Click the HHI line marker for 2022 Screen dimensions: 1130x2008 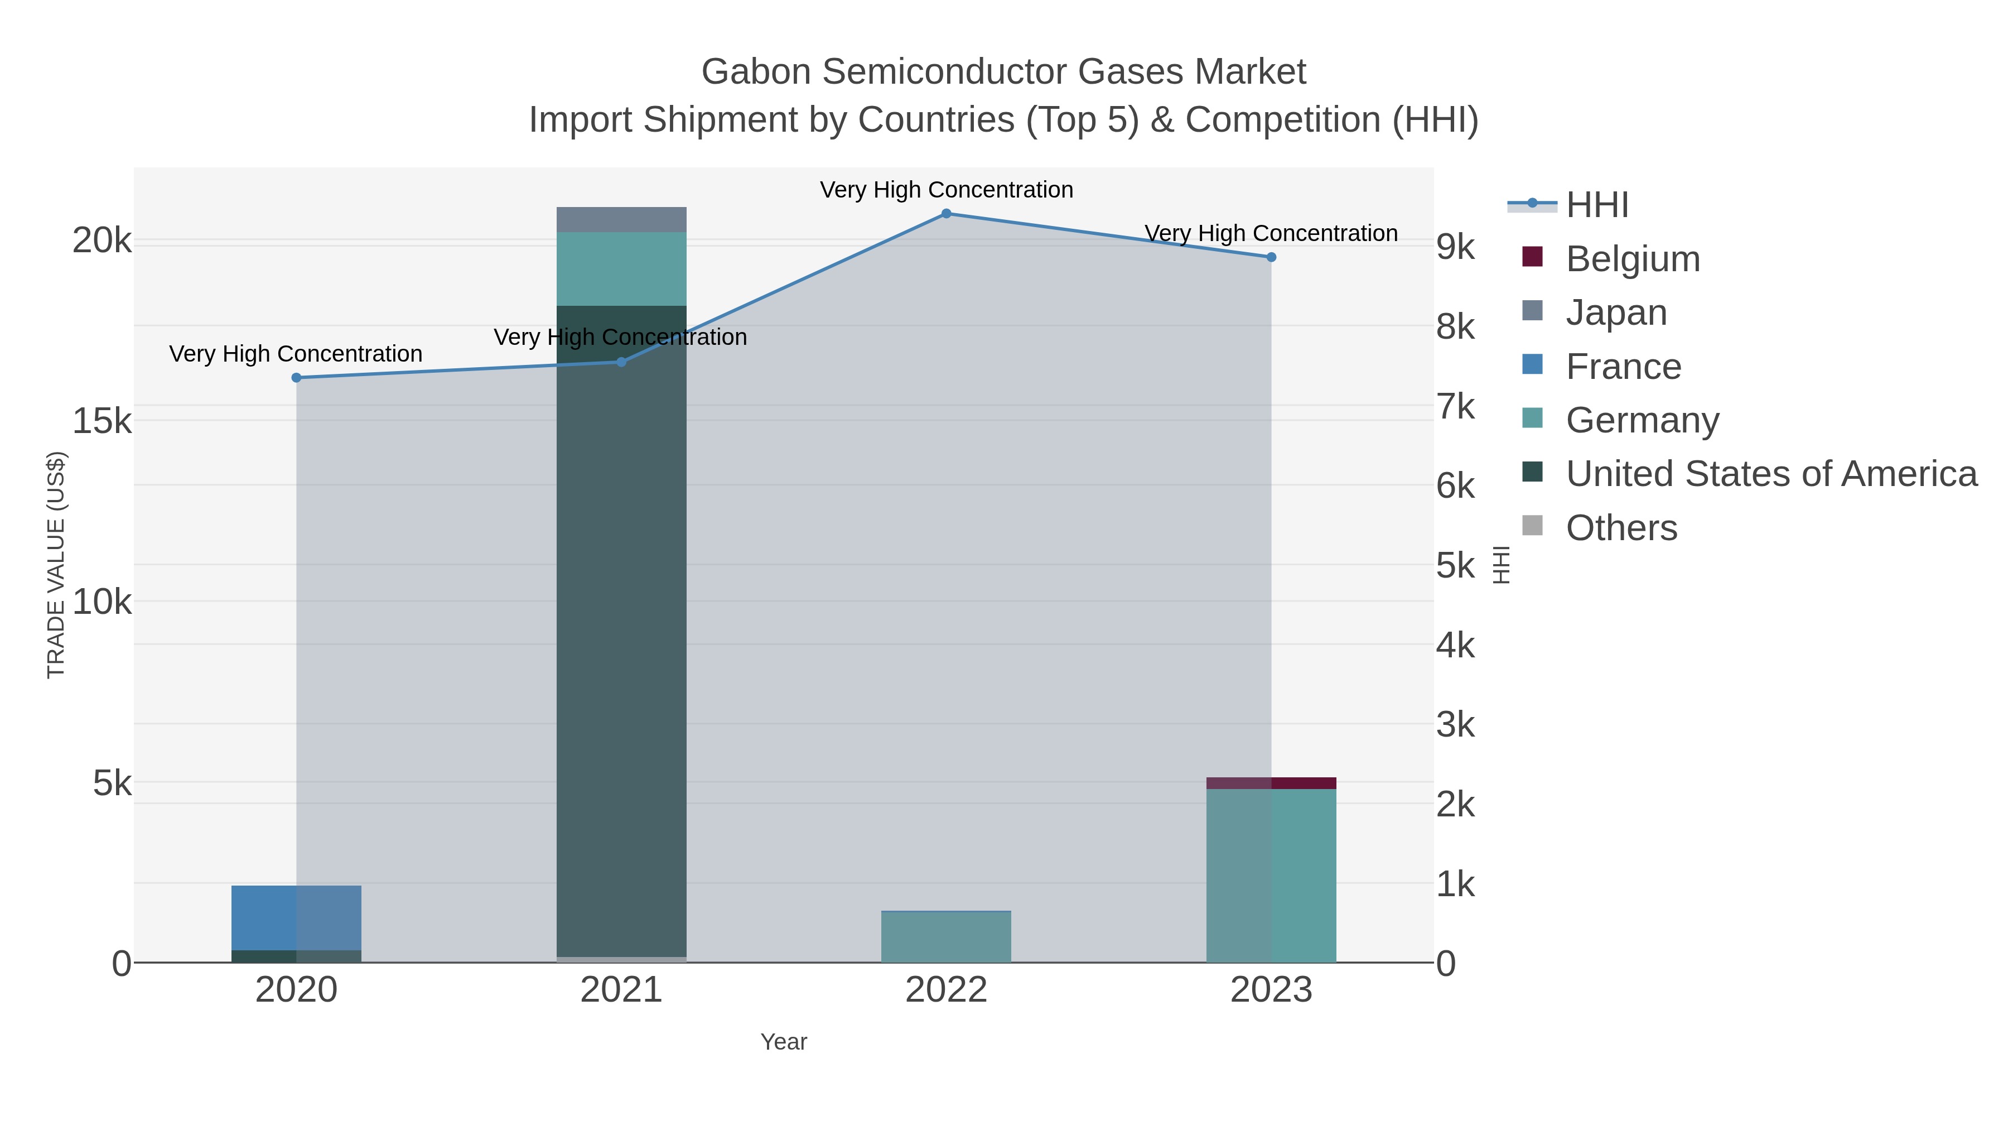pos(945,213)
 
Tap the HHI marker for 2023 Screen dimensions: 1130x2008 pos(1271,257)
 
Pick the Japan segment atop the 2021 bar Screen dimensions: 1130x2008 pos(621,219)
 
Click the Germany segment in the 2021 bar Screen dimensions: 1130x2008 pos(621,268)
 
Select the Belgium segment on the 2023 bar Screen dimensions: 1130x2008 pos(1271,783)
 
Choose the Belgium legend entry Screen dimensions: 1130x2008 pos(1632,259)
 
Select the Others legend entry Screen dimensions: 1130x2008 pos(1620,528)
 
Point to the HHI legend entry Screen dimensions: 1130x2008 pos(1596,205)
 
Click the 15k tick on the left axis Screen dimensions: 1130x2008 pos(102,421)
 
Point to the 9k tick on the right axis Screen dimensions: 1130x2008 pos(1455,247)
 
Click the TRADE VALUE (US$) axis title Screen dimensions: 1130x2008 pos(56,565)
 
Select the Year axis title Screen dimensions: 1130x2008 pos(784,1042)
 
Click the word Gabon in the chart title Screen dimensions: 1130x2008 pos(756,72)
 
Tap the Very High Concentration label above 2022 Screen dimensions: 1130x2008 pos(945,190)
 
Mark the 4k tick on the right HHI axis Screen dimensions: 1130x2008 pos(1455,646)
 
